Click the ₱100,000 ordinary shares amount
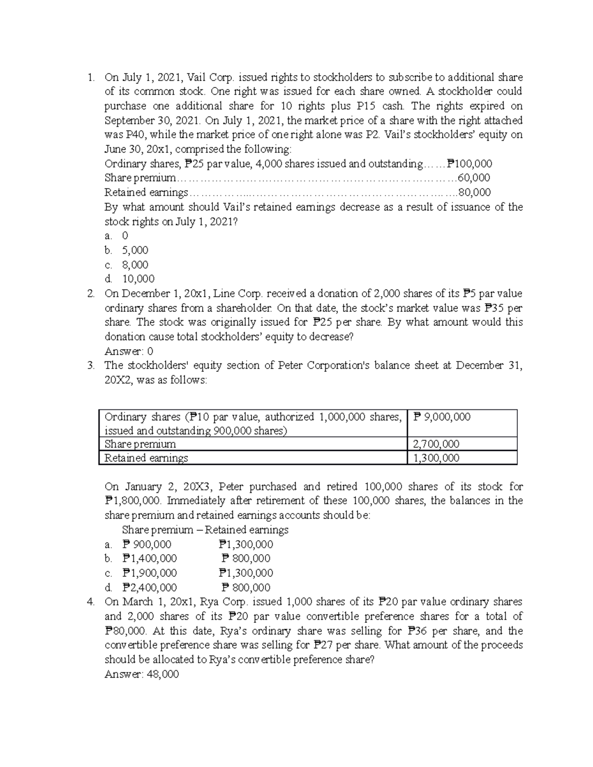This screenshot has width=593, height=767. [x=469, y=164]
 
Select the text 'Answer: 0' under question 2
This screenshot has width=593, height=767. [x=129, y=351]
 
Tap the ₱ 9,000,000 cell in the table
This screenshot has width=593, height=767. [x=442, y=417]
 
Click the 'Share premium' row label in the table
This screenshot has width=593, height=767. [x=140, y=444]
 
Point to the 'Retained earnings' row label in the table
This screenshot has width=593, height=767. [x=146, y=458]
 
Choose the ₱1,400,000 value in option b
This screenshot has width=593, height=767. [x=149, y=559]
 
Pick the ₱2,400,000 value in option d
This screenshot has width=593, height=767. [x=149, y=588]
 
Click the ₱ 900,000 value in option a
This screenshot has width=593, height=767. [x=147, y=544]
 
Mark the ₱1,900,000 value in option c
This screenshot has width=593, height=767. [x=149, y=573]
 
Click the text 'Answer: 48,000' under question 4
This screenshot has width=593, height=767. [x=142, y=674]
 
